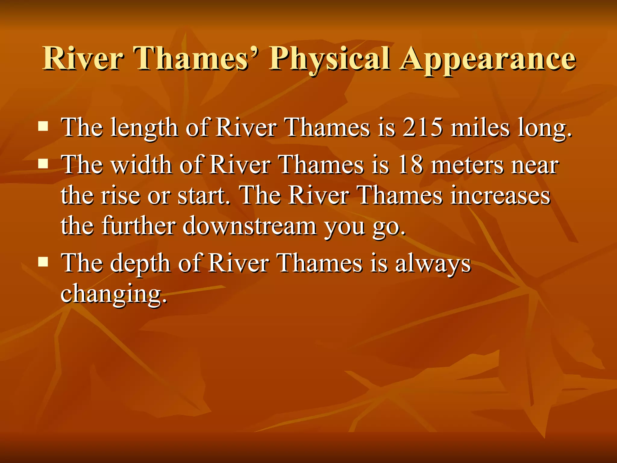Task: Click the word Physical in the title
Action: click(x=330, y=59)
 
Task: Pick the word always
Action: click(x=433, y=263)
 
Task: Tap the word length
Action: click(x=144, y=128)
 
